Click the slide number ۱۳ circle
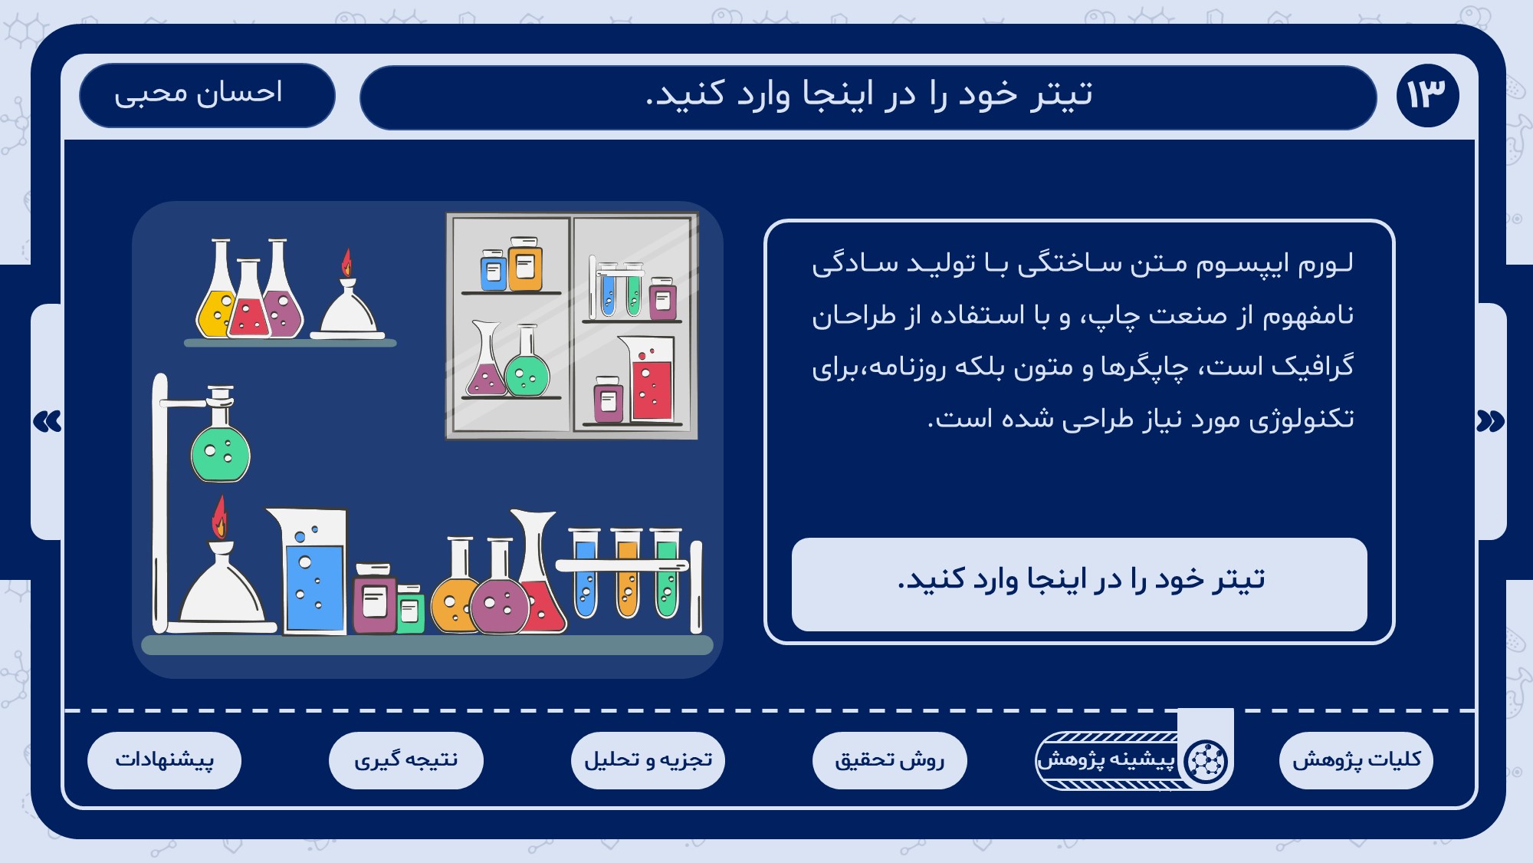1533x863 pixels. tap(1427, 95)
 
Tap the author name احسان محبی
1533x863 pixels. tap(199, 94)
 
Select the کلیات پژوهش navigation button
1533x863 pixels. tap(1356, 760)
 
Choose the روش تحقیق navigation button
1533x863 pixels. tap(889, 760)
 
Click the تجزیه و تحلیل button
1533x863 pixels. tap(648, 760)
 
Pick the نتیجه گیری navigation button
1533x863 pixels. tap(406, 760)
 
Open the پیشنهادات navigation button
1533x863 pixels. tap(164, 760)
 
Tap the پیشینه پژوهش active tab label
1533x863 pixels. tap(1105, 759)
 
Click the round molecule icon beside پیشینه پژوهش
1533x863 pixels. tap(1206, 761)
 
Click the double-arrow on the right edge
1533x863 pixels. tap(1490, 421)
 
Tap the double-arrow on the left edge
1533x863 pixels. tap(48, 421)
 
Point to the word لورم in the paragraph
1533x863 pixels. tap(1325, 263)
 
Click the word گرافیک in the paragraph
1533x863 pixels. tap(1312, 367)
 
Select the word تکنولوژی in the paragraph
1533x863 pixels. tap(1302, 419)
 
